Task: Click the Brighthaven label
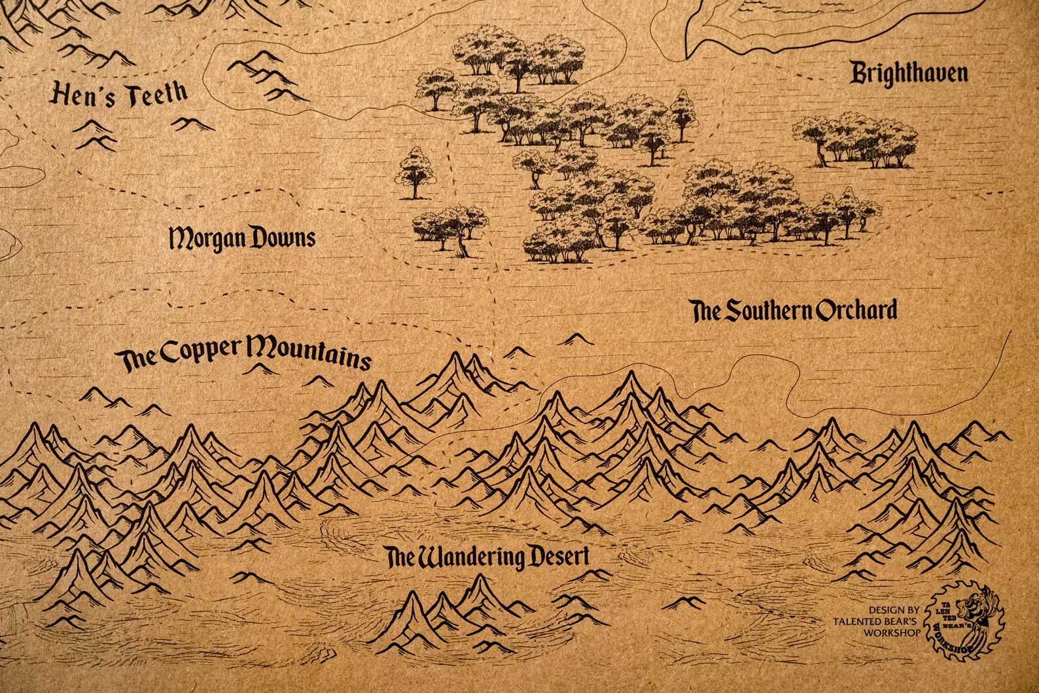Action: click(908, 74)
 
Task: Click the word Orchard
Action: click(856, 310)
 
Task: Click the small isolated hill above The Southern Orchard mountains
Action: click(576, 339)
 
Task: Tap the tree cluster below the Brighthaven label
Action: click(854, 141)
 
